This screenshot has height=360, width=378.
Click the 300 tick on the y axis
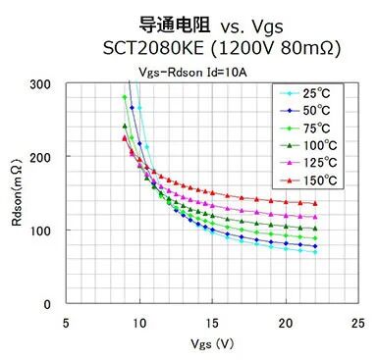43,83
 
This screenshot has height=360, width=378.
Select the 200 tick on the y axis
43,157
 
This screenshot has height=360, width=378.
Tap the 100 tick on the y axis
43,231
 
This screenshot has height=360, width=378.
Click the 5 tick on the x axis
66,322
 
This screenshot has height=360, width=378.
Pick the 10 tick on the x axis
139,322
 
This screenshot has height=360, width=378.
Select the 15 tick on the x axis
213,322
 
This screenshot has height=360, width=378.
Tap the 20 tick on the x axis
286,322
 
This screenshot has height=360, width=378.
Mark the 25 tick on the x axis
358,322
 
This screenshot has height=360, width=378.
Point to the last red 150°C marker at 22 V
315,204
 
